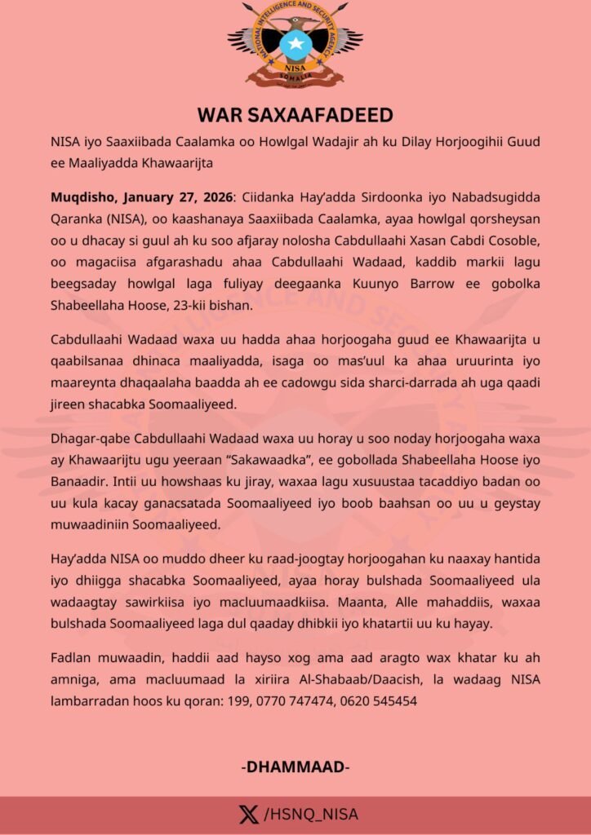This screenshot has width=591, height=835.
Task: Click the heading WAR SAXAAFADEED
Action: click(295, 114)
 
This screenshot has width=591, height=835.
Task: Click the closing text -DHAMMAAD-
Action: click(295, 767)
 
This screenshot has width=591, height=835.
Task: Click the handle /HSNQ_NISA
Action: click(311, 815)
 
